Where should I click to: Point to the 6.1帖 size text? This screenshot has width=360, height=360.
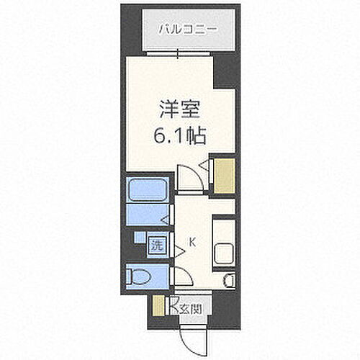click(179, 134)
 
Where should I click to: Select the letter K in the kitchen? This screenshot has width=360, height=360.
click(192, 243)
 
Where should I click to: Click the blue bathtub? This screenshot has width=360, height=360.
click(147, 192)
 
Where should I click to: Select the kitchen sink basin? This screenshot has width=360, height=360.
click(224, 254)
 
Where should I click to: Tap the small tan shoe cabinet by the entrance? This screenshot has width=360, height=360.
click(158, 305)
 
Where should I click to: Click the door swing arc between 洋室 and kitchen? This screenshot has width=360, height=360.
click(189, 176)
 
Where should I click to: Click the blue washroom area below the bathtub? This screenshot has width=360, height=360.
click(147, 216)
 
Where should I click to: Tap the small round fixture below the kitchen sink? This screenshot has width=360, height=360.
click(230, 280)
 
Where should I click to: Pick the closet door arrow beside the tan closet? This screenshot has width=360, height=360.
click(203, 166)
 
